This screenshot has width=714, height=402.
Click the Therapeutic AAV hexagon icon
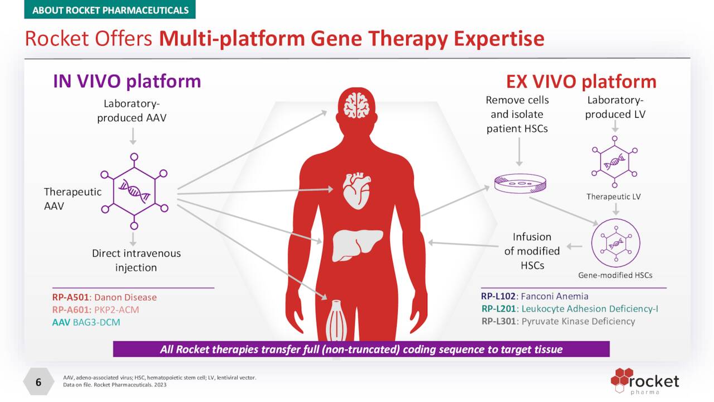click(x=134, y=192)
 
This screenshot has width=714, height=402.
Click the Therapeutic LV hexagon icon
click(x=614, y=162)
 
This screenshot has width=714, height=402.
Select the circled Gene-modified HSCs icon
click(x=615, y=243)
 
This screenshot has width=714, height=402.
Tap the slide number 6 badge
click(x=38, y=382)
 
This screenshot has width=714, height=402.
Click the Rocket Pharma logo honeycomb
click(x=621, y=379)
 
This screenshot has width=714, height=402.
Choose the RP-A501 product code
click(x=70, y=297)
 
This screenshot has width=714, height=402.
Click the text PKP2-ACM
click(x=117, y=310)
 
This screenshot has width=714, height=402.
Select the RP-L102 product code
click(x=499, y=296)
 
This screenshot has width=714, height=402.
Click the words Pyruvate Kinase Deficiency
click(x=578, y=321)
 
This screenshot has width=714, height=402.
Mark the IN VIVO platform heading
click(x=127, y=82)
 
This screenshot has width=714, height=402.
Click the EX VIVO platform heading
click(x=581, y=82)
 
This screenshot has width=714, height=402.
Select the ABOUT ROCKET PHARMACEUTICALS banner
click(x=110, y=10)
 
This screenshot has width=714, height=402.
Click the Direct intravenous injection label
click(x=136, y=260)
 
